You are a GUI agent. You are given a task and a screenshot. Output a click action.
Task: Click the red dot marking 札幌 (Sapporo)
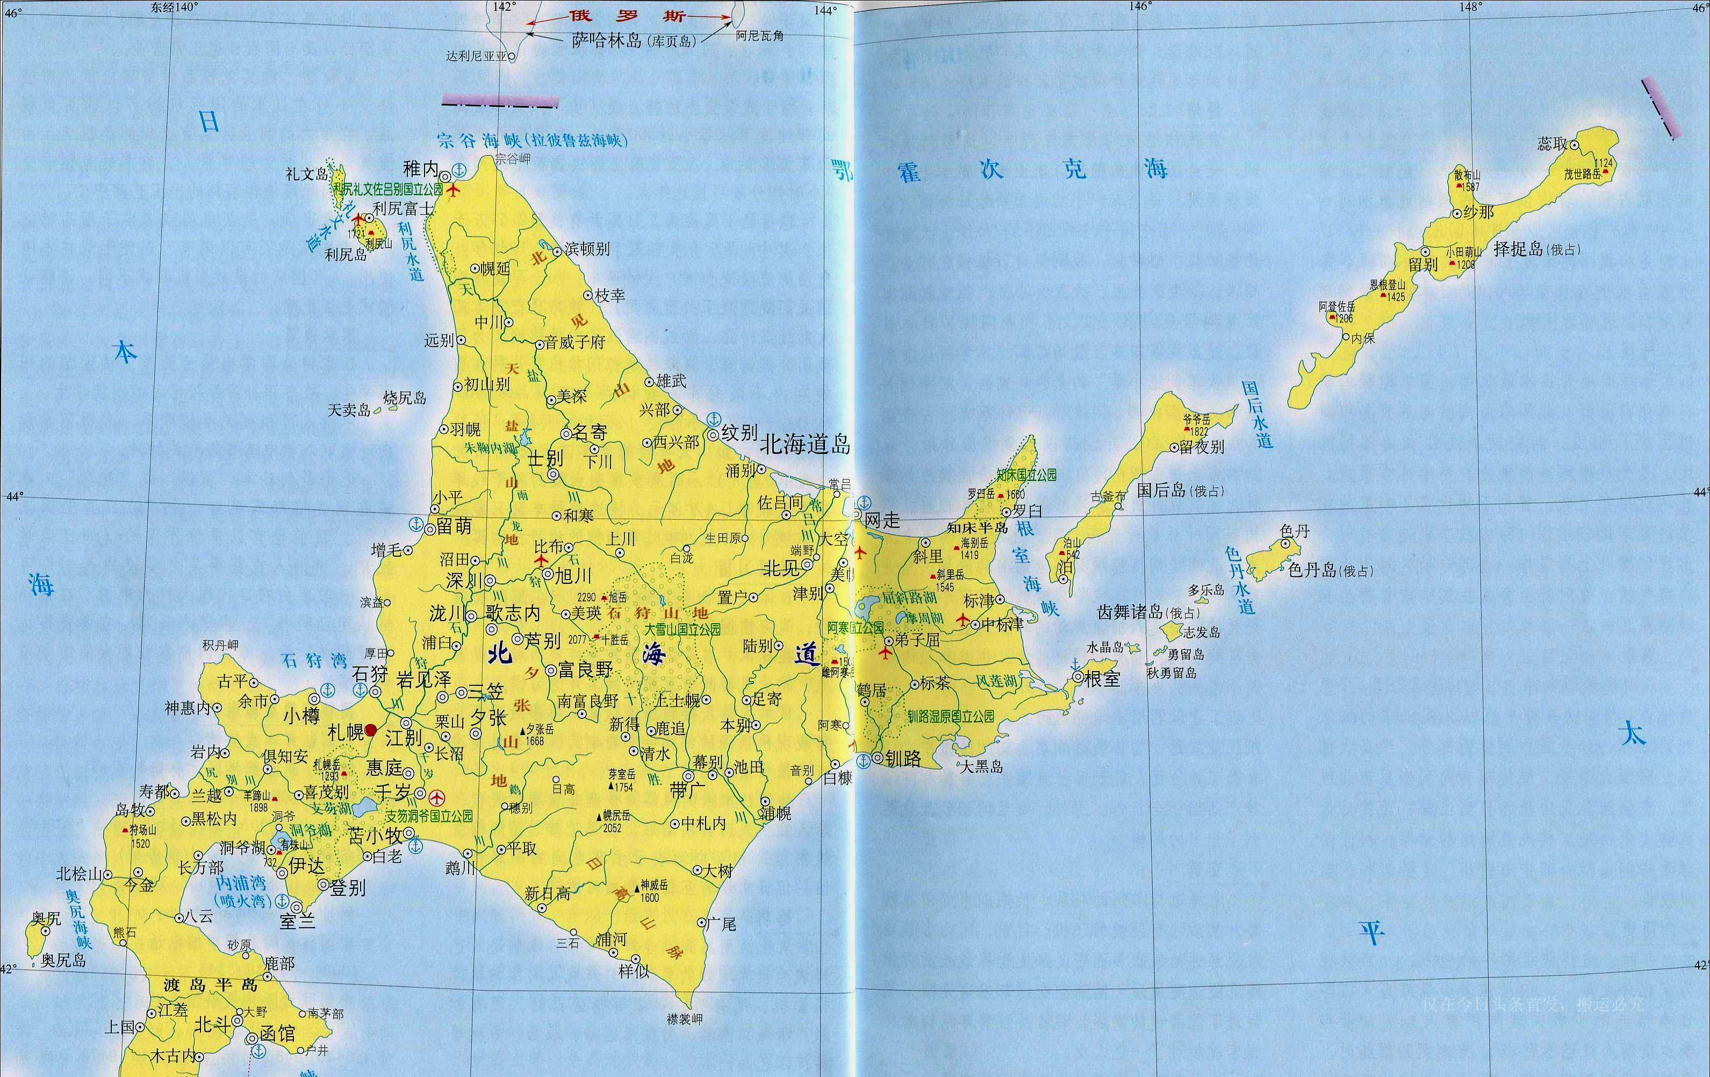[371, 730]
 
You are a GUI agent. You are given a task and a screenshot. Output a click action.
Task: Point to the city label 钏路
[903, 758]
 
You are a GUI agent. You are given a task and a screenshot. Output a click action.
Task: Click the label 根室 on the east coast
[1102, 679]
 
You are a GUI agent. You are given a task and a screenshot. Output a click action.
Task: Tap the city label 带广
[687, 790]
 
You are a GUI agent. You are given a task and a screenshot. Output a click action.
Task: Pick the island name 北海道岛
[805, 445]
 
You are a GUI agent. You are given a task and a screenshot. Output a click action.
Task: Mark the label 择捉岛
[1518, 248]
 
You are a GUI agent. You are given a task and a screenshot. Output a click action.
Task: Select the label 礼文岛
[307, 174]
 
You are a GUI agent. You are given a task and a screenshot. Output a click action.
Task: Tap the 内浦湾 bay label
[241, 883]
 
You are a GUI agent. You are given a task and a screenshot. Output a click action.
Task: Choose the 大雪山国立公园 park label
[682, 630]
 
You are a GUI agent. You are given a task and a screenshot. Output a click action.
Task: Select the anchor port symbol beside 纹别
[715, 418]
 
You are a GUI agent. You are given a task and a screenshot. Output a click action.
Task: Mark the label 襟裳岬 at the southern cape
[685, 1019]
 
